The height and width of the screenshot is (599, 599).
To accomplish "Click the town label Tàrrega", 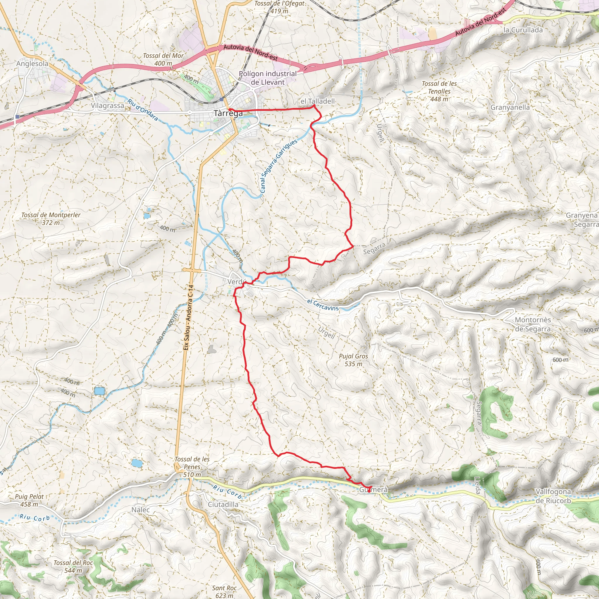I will click(228, 113).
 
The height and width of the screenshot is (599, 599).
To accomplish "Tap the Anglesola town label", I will click(32, 63).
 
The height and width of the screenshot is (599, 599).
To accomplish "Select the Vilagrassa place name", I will click(107, 106).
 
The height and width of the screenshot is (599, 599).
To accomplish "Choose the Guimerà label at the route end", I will click(373, 490).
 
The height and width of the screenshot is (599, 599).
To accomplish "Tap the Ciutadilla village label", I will click(223, 505).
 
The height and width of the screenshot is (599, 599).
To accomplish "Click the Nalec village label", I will click(140, 510).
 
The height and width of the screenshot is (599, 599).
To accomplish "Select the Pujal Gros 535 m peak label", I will click(353, 360).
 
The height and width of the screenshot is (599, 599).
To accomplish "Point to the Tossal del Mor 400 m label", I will click(163, 60).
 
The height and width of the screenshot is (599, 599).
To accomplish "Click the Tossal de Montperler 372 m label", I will click(51, 218).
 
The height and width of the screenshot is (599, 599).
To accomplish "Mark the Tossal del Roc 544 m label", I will click(73, 567).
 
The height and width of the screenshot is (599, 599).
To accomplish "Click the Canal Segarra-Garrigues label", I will click(279, 166).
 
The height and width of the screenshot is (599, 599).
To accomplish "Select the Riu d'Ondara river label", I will click(143, 110).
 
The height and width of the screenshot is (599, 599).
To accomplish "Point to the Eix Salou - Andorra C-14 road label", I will click(188, 318).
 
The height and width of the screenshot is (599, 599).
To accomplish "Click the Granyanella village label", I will click(510, 108).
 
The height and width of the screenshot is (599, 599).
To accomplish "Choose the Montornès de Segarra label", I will click(533, 324).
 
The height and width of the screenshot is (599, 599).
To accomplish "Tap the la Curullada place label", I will click(523, 30).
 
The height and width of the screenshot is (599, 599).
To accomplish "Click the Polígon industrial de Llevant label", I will click(268, 78).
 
